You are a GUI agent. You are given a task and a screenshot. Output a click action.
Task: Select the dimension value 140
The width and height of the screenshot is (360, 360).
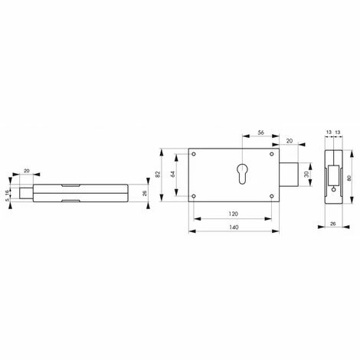(x=234, y=228)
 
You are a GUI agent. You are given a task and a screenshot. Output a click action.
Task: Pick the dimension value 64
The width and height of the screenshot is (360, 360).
(x=175, y=175)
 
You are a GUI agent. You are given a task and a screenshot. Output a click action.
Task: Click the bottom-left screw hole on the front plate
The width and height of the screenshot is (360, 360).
(x=195, y=197)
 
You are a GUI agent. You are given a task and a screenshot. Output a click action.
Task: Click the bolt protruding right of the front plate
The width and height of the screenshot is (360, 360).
(x=289, y=175)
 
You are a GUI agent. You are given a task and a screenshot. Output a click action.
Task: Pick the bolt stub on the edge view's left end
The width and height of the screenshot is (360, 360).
(x=26, y=193)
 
